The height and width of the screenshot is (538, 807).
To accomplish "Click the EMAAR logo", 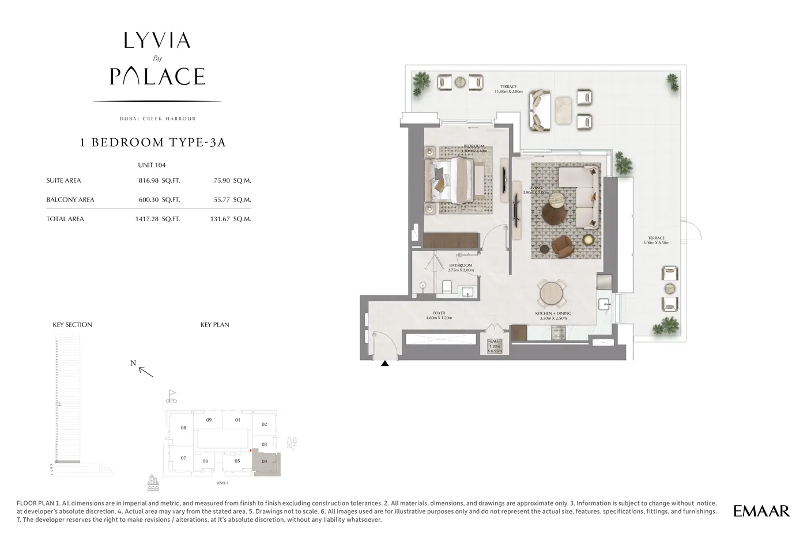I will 761,510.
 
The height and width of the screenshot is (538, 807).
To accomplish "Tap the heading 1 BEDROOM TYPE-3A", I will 153,143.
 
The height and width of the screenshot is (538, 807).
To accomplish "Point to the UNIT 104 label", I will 152,165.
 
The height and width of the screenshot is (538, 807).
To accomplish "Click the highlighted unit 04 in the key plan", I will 265,461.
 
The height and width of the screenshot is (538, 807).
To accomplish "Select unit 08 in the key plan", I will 183,428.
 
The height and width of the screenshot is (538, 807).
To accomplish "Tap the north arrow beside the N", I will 146,372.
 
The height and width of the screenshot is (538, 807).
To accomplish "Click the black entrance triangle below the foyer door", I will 384,363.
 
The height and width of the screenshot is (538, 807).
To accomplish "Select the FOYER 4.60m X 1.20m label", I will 439,316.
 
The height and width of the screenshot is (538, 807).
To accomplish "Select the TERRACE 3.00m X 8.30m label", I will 656,240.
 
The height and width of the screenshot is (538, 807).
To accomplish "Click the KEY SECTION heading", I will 72,325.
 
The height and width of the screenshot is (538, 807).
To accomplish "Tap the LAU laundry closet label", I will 495,346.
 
